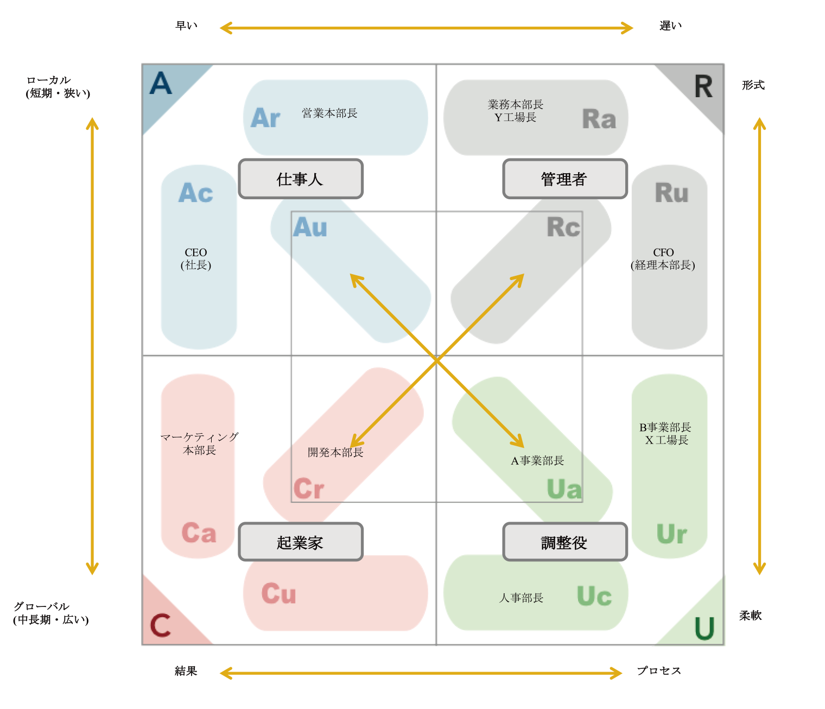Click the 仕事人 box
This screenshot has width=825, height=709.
pyautogui.click(x=300, y=179)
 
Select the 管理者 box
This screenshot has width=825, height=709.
pyautogui.click(x=564, y=179)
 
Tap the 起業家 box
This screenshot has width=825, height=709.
pyautogui.click(x=300, y=542)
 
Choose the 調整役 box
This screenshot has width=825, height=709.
pyautogui.click(x=564, y=542)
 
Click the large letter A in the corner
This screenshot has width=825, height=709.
pyautogui.click(x=161, y=83)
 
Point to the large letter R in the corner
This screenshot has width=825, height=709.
pyautogui.click(x=703, y=86)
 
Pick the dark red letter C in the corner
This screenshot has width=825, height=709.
pyautogui.click(x=161, y=625)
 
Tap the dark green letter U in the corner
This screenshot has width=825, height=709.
pyautogui.click(x=704, y=628)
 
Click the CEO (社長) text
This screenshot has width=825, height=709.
pyautogui.click(x=195, y=258)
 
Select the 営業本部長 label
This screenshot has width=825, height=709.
pyautogui.click(x=329, y=113)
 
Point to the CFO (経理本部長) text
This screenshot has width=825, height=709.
pyautogui.click(x=663, y=258)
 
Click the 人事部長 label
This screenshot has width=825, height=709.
pyautogui.click(x=521, y=597)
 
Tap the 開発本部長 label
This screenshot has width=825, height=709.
pyautogui.click(x=335, y=452)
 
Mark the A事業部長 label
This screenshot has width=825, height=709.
pyautogui.click(x=537, y=460)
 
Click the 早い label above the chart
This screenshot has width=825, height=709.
pyautogui.click(x=186, y=26)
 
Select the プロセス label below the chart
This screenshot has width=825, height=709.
pyautogui.click(x=658, y=670)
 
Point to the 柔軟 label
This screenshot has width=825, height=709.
pyautogui.click(x=750, y=615)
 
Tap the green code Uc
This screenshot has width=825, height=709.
pyautogui.click(x=594, y=596)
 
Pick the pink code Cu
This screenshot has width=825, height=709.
pyautogui.click(x=278, y=593)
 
